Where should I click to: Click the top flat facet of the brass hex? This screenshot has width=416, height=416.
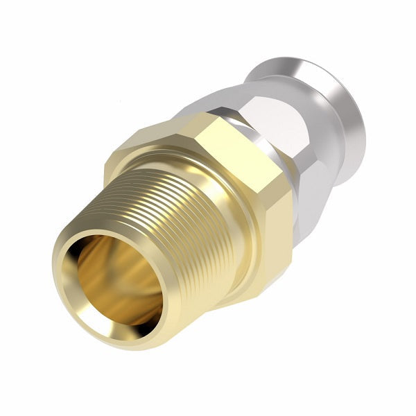[x=208, y=139]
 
